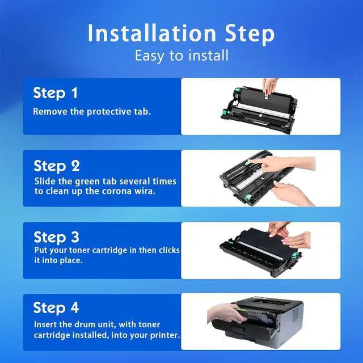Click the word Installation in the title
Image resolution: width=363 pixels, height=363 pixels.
point(151,33)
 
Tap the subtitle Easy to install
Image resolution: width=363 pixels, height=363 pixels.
point(181,56)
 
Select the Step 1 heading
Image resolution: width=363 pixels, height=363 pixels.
point(56,93)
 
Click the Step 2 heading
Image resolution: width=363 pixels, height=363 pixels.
point(57,166)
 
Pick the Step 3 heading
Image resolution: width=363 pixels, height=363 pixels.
point(57,237)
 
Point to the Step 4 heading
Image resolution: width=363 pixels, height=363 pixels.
point(56,308)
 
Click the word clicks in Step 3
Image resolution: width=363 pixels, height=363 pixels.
point(169,250)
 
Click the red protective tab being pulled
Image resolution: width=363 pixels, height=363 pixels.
point(267,95)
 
